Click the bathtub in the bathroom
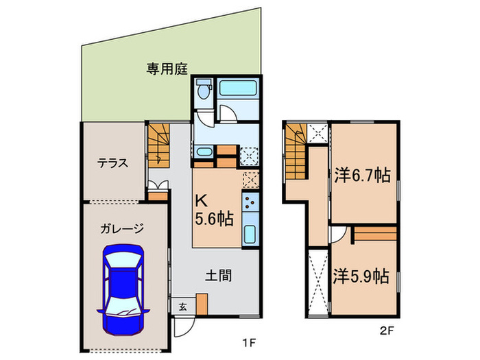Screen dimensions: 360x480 point(237,88)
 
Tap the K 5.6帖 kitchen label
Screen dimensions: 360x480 point(214,210)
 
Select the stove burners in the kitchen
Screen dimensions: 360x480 point(250,202)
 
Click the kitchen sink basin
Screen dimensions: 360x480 point(250,234)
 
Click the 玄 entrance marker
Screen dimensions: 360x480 point(182,307)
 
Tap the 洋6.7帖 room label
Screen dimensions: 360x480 point(363,175)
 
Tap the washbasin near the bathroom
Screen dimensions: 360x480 point(205,152)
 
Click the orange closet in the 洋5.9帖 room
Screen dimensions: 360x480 point(374,235)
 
